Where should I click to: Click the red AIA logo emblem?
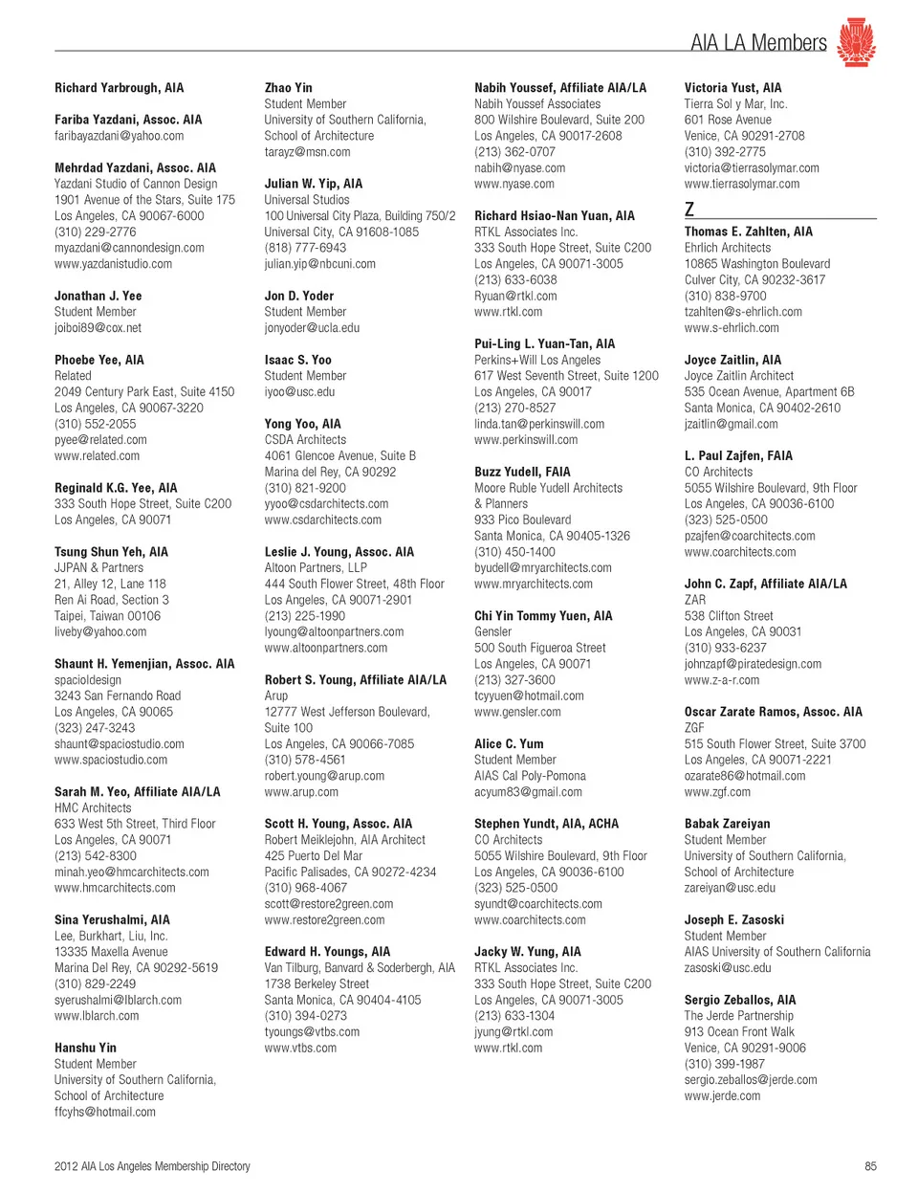pyautogui.click(x=856, y=42)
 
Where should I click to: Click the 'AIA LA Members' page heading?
pyautogui.click(x=757, y=43)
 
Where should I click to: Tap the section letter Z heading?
pyautogui.click(x=689, y=209)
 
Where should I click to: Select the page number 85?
pyautogui.click(x=870, y=1166)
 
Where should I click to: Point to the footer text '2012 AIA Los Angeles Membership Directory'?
pyautogui.click(x=152, y=1166)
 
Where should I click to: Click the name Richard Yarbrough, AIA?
pyautogui.click(x=119, y=88)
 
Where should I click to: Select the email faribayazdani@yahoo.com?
pyautogui.click(x=119, y=136)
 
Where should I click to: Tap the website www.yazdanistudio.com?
pyautogui.click(x=113, y=264)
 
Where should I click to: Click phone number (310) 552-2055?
pyautogui.click(x=95, y=424)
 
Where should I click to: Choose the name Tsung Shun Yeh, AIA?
pyautogui.click(x=111, y=552)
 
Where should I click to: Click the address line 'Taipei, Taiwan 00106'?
pyautogui.click(x=107, y=616)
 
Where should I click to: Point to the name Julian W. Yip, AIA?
pyautogui.click(x=313, y=184)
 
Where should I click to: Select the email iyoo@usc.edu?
pyautogui.click(x=299, y=392)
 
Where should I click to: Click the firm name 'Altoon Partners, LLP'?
pyautogui.click(x=316, y=568)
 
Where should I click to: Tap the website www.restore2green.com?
pyautogui.click(x=324, y=920)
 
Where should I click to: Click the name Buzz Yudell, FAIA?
pyautogui.click(x=522, y=472)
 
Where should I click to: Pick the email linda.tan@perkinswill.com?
pyautogui.click(x=539, y=424)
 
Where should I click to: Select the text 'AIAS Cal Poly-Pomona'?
pyautogui.click(x=530, y=776)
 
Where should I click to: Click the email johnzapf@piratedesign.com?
pyautogui.click(x=753, y=664)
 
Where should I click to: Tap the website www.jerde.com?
pyautogui.click(x=722, y=1096)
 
